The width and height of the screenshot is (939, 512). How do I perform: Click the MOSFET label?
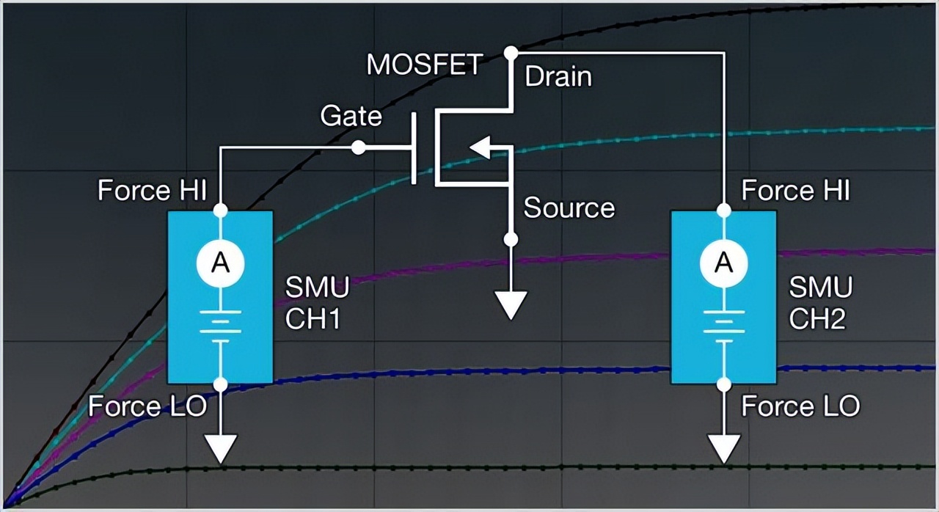pos(425,65)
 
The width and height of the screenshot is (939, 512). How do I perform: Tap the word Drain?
pos(558,77)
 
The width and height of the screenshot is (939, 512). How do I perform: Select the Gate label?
pos(351,116)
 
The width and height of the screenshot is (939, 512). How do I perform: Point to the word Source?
pos(569,208)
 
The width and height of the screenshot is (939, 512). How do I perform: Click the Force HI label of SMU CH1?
pos(153,191)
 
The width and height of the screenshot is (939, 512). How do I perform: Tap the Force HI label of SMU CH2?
pos(795,191)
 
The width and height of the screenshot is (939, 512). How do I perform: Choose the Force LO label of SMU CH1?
pos(147,406)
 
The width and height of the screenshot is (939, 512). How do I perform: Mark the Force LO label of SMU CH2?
pos(800,406)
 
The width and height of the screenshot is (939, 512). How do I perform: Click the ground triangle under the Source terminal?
pos(511,304)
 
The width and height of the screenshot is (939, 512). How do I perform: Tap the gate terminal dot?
pos(358,147)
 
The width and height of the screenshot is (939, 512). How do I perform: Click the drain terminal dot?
pos(511,53)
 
